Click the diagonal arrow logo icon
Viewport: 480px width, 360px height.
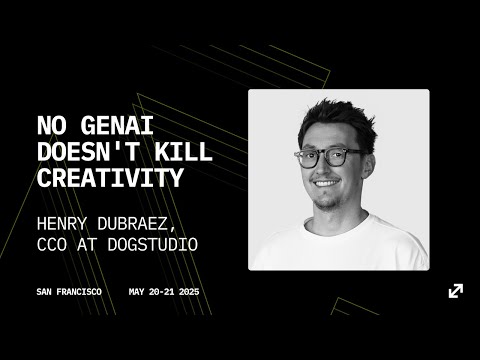(455, 291)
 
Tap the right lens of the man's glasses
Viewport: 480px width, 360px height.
(345, 156)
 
